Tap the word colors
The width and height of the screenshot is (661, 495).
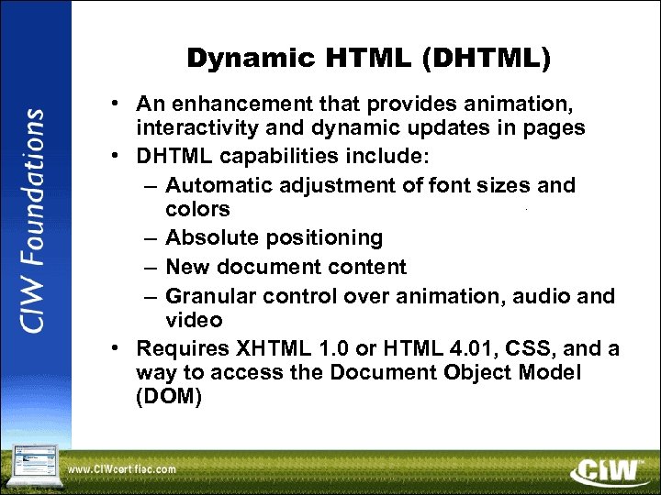(x=197, y=210)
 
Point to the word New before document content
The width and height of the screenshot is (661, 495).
(x=187, y=267)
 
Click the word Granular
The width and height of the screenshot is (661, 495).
(x=211, y=295)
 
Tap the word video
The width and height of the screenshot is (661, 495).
(x=194, y=320)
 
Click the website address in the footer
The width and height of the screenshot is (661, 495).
(x=121, y=469)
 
